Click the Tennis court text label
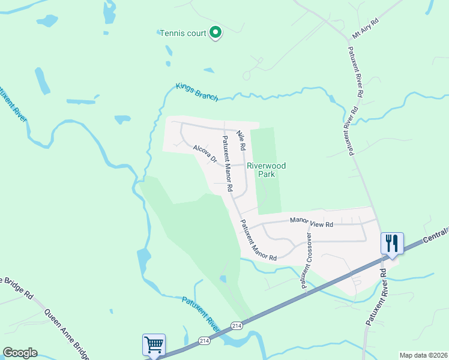pyautogui.click(x=182, y=33)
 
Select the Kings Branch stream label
pyautogui.click(x=196, y=91)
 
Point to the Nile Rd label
pyautogui.click(x=241, y=140)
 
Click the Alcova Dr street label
pyautogui.click(x=204, y=152)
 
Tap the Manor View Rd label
pyautogui.click(x=311, y=223)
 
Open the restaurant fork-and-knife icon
pyautogui.click(x=391, y=243)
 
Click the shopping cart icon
pyautogui.click(x=154, y=345)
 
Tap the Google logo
pyautogui.click(x=20, y=353)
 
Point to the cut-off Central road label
pyautogui.click(x=435, y=234)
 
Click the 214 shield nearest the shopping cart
pyautogui.click(x=204, y=341)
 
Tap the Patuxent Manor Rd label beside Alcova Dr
pyautogui.click(x=228, y=164)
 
